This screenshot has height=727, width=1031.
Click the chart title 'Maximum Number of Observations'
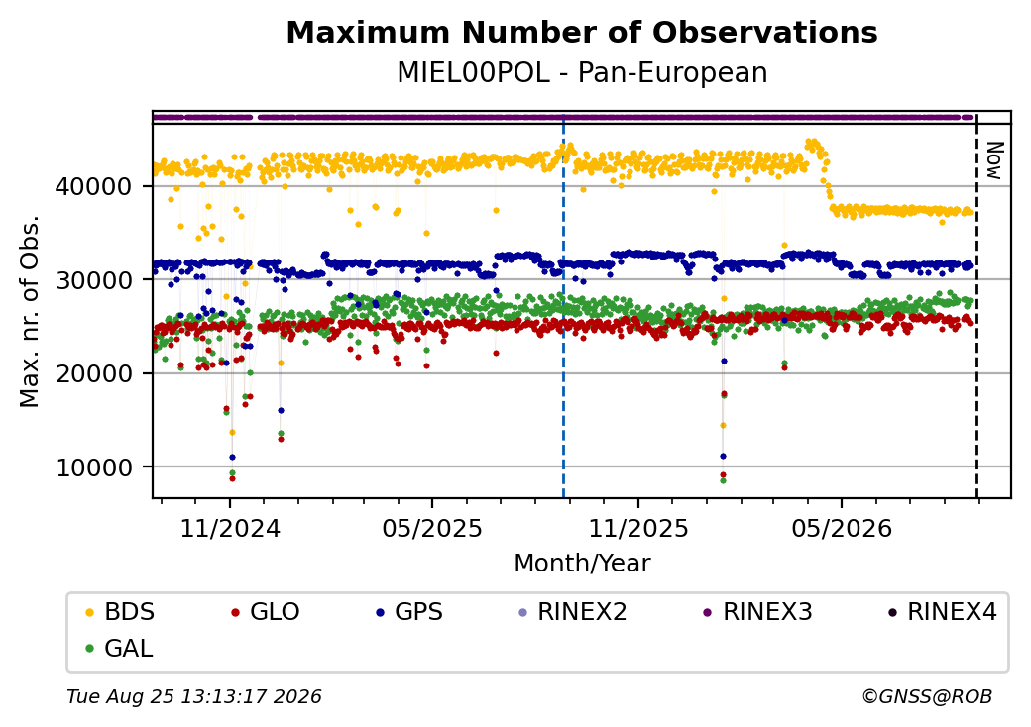coord(582,32)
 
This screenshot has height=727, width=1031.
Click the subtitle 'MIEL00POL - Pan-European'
coord(582,73)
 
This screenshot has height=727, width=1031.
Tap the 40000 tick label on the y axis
coord(93,186)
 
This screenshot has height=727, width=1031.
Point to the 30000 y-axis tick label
coord(93,280)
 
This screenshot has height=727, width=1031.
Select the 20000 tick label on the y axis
coord(93,373)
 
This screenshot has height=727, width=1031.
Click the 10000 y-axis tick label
coord(93,467)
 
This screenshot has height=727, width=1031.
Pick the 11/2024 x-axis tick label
coord(230,528)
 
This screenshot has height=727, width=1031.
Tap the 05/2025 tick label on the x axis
coord(432,528)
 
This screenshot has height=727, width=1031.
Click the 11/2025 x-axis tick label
coord(637,528)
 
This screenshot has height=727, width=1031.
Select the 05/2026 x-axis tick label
coord(842,528)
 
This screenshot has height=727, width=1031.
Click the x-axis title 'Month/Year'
coord(582,564)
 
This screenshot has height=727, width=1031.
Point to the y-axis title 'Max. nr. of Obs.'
coord(30,311)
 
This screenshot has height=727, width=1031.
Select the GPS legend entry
coord(409,612)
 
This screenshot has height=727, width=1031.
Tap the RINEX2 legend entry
coord(573,612)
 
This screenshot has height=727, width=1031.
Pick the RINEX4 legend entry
coord(942,612)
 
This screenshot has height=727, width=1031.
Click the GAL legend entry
coord(120,648)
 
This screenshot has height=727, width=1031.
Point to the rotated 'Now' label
coord(995,160)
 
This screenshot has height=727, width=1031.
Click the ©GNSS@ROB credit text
coord(927,696)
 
